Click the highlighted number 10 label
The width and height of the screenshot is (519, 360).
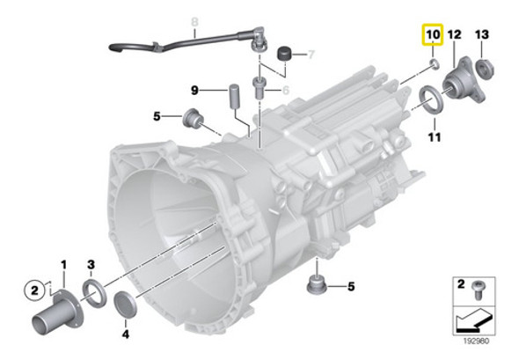pos(432,36)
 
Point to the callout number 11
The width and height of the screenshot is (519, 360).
pos(434,137)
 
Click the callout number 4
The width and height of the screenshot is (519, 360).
pos(125,334)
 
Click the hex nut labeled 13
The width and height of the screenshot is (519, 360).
pos(484,67)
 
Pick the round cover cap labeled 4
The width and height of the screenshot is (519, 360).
pos(126,305)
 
